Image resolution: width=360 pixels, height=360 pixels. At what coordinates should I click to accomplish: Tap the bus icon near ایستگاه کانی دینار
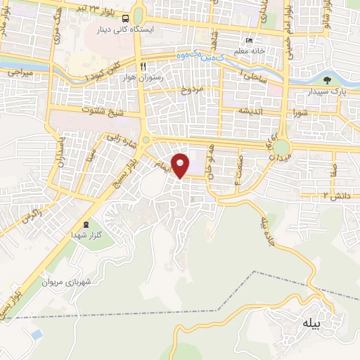pyautogui.click(x=125, y=19)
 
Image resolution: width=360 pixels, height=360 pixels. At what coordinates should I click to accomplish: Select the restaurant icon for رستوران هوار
pyautogui.click(x=143, y=65)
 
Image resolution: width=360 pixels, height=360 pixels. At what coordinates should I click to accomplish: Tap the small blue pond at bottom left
pyautogui.click(x=36, y=332)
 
